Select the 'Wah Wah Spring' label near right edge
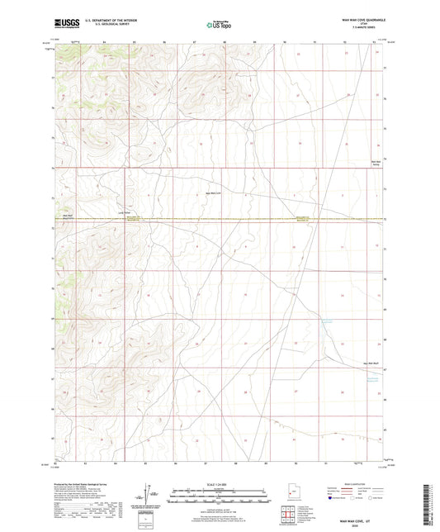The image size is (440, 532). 378,163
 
